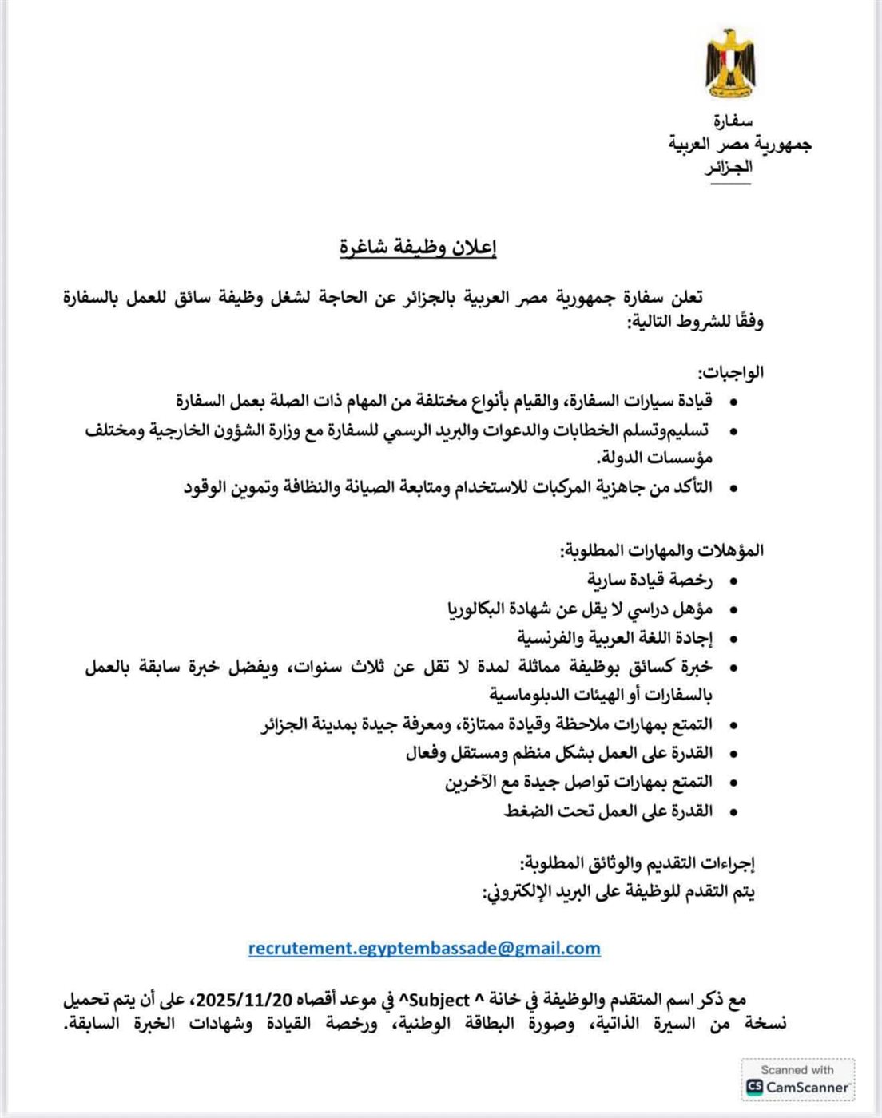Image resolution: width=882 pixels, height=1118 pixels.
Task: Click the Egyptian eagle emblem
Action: (x=729, y=63)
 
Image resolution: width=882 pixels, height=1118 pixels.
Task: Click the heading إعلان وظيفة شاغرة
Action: (x=418, y=248)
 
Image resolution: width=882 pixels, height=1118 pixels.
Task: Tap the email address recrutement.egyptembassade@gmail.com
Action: (x=424, y=948)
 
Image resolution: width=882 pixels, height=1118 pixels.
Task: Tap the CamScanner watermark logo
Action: (x=797, y=1080)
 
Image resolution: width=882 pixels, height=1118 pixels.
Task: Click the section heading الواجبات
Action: (x=731, y=371)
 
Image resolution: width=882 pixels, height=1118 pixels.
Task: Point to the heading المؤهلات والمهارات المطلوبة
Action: (x=661, y=550)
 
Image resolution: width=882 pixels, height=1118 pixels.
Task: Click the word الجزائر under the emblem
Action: (x=729, y=168)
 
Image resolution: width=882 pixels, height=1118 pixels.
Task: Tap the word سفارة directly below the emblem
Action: (x=733, y=121)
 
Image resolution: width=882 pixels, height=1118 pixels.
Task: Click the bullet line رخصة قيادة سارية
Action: (x=650, y=579)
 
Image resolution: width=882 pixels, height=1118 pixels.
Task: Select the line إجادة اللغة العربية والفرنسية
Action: (x=614, y=637)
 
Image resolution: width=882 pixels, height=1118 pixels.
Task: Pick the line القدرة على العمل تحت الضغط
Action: (x=608, y=811)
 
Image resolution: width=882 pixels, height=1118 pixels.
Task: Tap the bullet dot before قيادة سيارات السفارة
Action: (x=733, y=401)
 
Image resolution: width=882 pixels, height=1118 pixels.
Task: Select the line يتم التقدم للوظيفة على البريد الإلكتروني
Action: (x=619, y=891)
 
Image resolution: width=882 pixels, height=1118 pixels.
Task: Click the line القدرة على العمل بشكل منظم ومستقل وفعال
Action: (x=559, y=752)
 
